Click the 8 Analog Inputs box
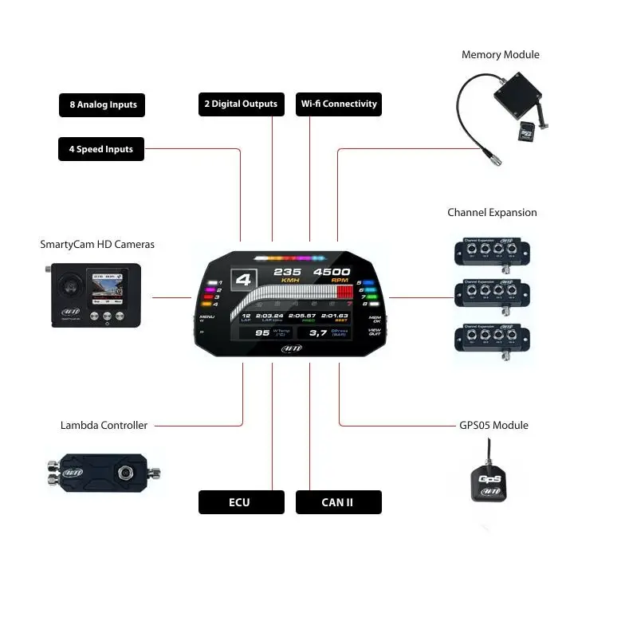[x=102, y=104]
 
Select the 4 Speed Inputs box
[x=101, y=149]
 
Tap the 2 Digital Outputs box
[x=242, y=104]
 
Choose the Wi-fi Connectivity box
[x=339, y=104]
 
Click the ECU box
[x=241, y=502]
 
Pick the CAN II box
[x=338, y=502]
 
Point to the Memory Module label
[x=500, y=55]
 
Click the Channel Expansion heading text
[x=492, y=213]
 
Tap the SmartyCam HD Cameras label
[x=97, y=244]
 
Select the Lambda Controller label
[x=104, y=426]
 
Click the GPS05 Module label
[x=493, y=426]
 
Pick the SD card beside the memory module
[x=527, y=132]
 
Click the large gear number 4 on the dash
[x=245, y=281]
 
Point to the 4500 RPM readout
[x=331, y=273]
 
